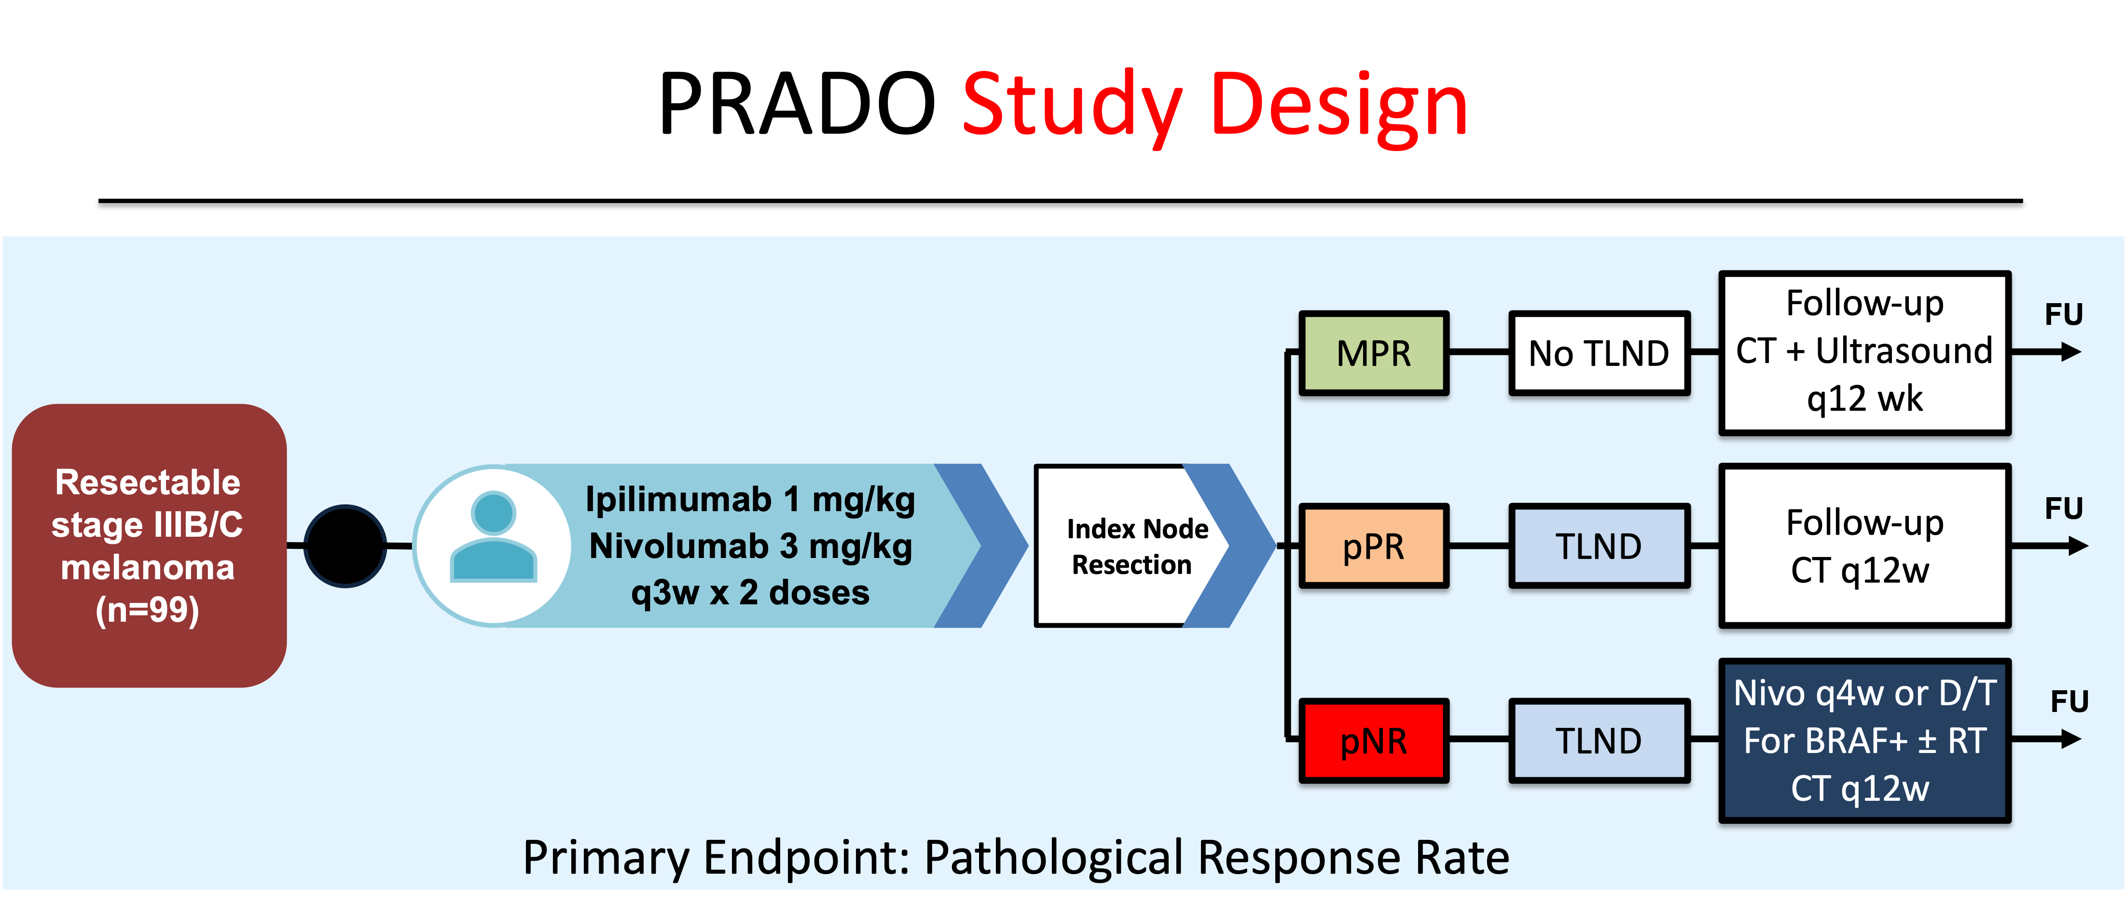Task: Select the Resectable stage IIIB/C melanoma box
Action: [x=149, y=544]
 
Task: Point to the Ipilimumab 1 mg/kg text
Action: [x=750, y=499]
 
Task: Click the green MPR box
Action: [x=1374, y=353]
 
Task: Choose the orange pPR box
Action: [x=1374, y=547]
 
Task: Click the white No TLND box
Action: [x=1599, y=353]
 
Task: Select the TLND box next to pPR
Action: [x=1599, y=547]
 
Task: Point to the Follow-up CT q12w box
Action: [x=1864, y=546]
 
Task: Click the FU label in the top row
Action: [x=2063, y=314]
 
